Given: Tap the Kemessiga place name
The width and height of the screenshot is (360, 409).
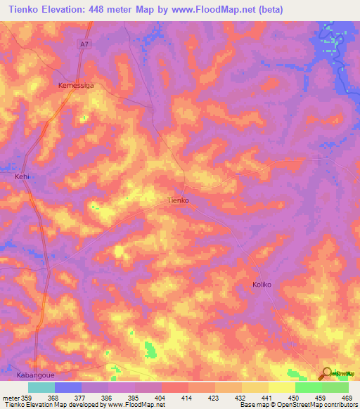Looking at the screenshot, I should [x=75, y=84].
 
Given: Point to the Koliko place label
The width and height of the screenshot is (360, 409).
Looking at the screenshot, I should [x=262, y=285].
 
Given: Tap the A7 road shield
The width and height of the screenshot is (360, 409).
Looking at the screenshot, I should [x=84, y=44].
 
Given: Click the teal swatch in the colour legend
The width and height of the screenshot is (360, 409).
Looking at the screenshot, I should [x=41, y=387].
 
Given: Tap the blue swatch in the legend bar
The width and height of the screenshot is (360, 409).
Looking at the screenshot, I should [x=68, y=387].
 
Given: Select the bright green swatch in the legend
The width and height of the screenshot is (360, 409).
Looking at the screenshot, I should [x=309, y=387].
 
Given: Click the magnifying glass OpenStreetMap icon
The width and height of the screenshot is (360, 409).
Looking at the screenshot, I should [x=326, y=373].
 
